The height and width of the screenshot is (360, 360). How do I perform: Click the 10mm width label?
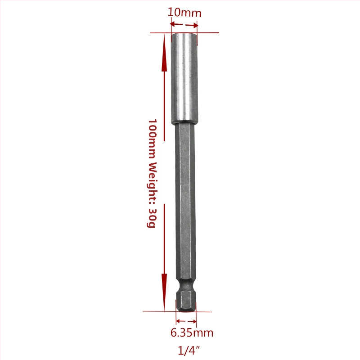coord(184,13)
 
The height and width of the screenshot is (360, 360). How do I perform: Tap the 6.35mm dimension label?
coord(192,333)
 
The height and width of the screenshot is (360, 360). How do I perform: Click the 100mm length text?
coord(152,139)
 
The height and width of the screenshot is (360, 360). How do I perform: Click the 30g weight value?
coord(152,218)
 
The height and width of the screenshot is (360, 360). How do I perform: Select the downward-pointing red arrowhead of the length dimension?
coord(164,292)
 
